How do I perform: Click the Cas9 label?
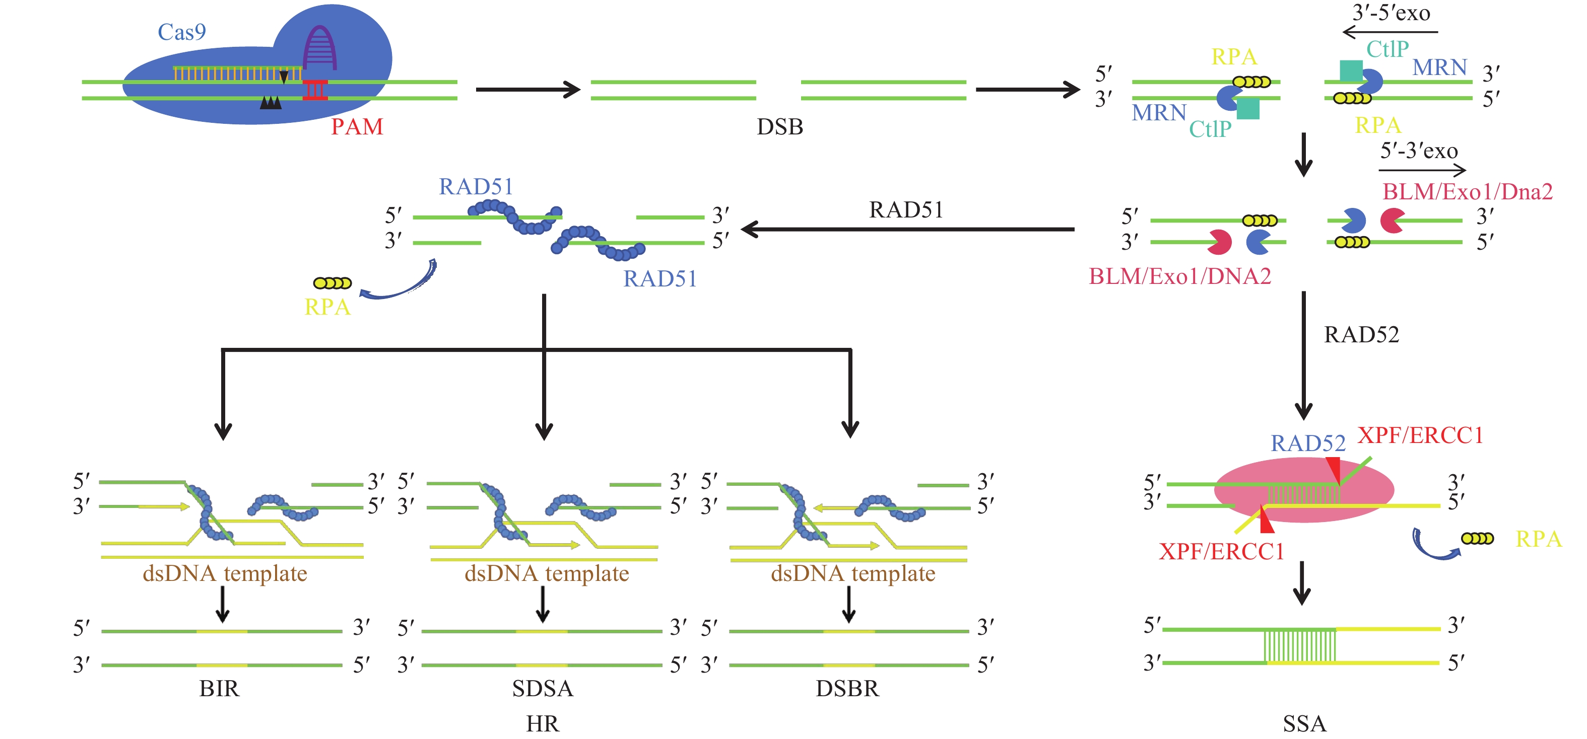[181, 32]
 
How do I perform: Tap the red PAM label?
[357, 127]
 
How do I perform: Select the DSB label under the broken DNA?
[779, 127]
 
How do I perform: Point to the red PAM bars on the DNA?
[315, 90]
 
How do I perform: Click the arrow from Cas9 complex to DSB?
[527, 90]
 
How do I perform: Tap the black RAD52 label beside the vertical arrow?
[1361, 334]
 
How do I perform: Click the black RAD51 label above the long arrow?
[906, 210]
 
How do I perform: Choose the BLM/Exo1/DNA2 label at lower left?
[1180, 276]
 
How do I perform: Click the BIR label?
[219, 688]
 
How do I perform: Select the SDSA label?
[542, 688]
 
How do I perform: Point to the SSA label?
[1304, 723]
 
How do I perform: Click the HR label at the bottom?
[542, 723]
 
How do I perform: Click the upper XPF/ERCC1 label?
[1420, 435]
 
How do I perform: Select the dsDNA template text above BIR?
[225, 573]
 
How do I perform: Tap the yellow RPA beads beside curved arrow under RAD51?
[332, 283]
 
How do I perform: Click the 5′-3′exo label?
[1419, 151]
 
